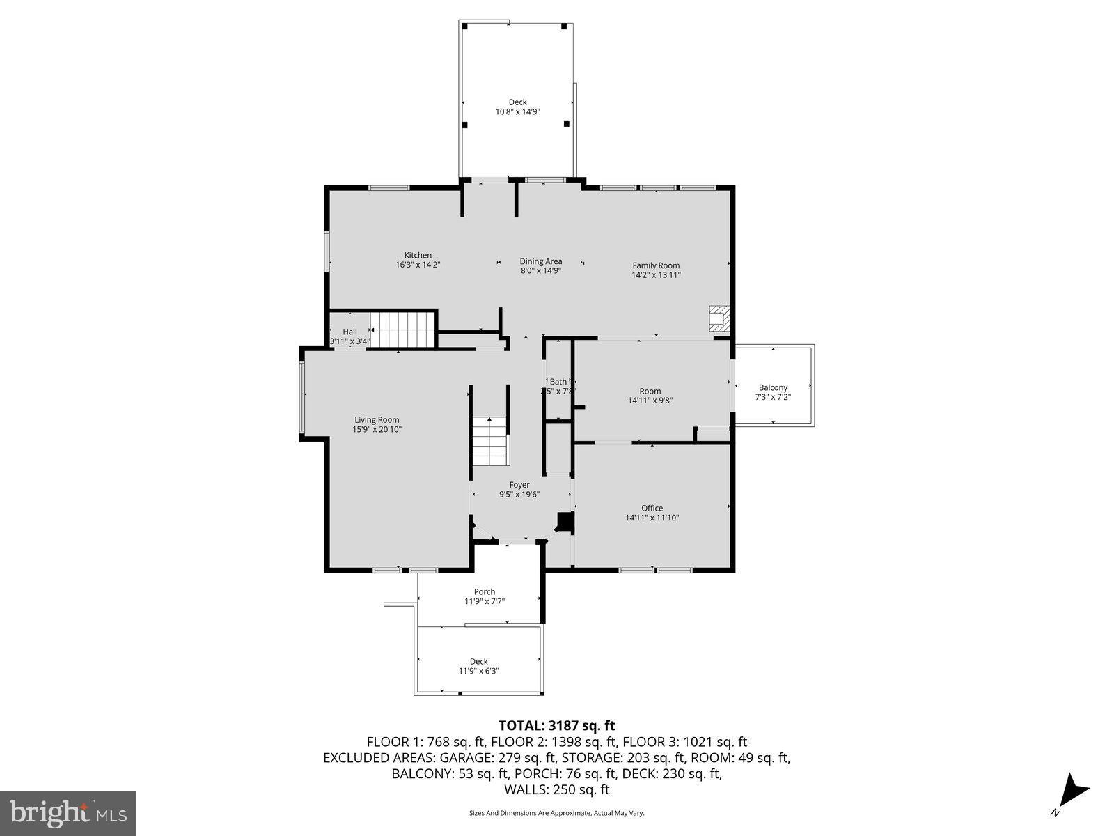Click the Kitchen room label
418,255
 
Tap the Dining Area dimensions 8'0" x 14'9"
541,270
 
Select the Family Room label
656,265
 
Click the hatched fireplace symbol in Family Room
719,318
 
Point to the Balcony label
773,387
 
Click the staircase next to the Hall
402,330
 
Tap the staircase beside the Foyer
491,442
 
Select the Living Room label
377,420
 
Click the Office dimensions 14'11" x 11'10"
652,518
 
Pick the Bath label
558,381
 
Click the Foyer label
519,485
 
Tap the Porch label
485,591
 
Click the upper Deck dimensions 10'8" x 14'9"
517,111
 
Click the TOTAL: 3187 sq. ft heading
556,726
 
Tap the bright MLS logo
68,812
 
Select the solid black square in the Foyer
565,522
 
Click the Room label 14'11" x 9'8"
650,396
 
